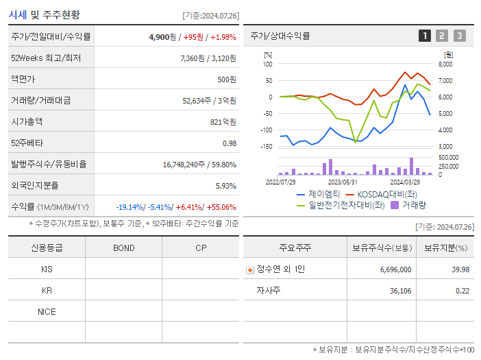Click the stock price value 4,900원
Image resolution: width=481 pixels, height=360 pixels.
tap(162, 36)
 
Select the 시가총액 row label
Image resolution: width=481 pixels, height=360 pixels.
tap(27, 121)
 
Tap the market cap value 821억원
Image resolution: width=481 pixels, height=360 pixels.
tap(223, 121)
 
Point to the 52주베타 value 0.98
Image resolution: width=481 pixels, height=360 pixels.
tap(229, 143)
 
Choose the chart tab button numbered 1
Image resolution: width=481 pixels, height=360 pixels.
tap(425, 36)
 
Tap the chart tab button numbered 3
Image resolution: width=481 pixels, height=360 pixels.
tap(459, 36)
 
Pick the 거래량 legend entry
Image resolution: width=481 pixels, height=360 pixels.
tap(414, 204)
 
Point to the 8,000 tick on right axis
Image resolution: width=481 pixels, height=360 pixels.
tap(445, 64)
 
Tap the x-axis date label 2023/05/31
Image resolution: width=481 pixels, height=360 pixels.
tap(343, 182)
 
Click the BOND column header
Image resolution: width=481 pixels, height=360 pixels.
tap(123, 248)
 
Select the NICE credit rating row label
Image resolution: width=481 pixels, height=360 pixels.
tap(47, 311)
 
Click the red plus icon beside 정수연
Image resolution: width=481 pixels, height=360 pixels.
tap(250, 269)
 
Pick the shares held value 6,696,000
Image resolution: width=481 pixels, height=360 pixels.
tap(395, 269)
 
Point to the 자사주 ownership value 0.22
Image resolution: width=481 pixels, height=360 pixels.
tap(462, 291)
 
